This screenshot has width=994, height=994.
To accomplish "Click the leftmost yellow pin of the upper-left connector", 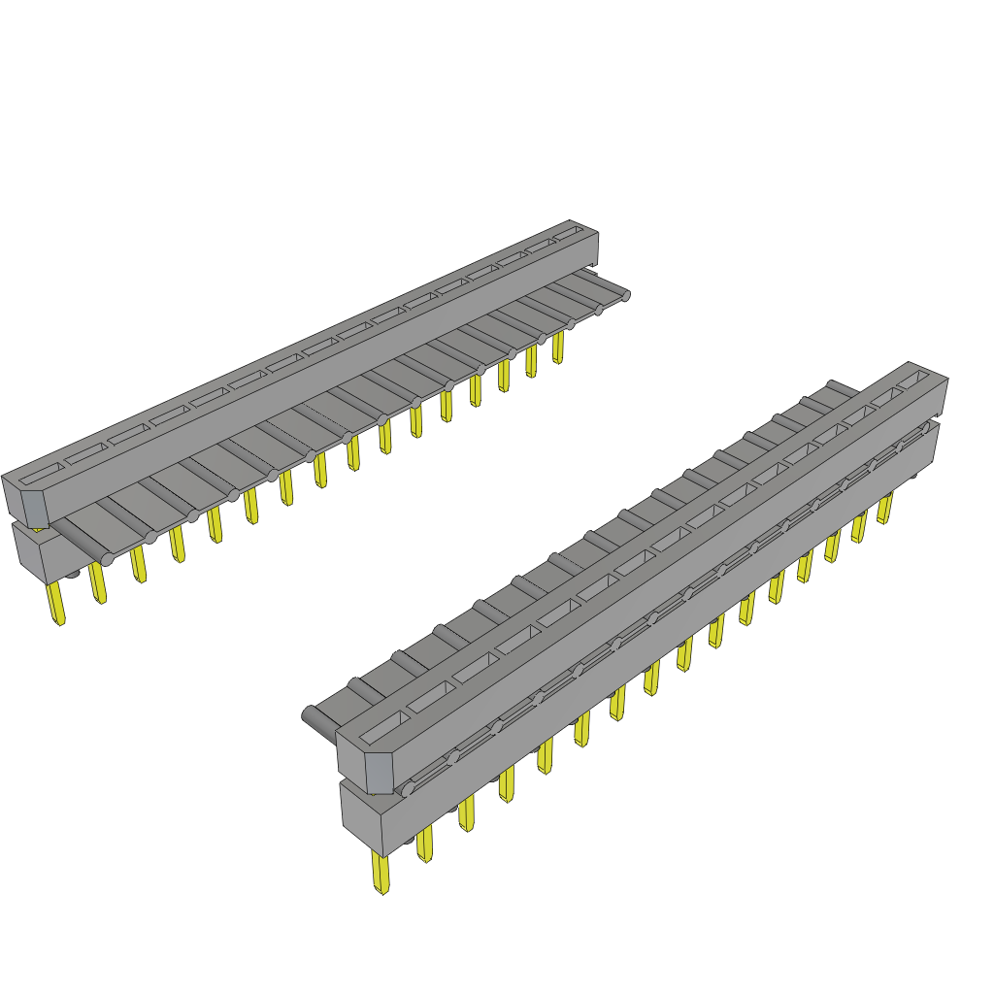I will click(57, 603).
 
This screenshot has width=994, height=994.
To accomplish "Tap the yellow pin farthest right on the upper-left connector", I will click(558, 348).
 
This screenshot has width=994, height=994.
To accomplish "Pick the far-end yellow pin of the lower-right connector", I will click(884, 508).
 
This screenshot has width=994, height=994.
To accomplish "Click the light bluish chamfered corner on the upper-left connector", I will click(34, 508).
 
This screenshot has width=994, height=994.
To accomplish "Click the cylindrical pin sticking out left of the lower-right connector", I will click(316, 718).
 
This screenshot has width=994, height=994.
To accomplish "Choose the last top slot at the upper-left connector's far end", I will click(566, 235).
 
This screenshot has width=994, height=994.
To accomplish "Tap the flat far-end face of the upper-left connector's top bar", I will click(590, 246).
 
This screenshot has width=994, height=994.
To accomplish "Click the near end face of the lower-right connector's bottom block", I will click(363, 821).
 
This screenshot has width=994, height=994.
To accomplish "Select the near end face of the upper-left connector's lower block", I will click(31, 553).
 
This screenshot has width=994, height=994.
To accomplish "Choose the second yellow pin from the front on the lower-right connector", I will click(425, 845).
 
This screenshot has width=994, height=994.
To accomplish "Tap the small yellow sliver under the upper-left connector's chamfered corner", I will click(39, 529).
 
